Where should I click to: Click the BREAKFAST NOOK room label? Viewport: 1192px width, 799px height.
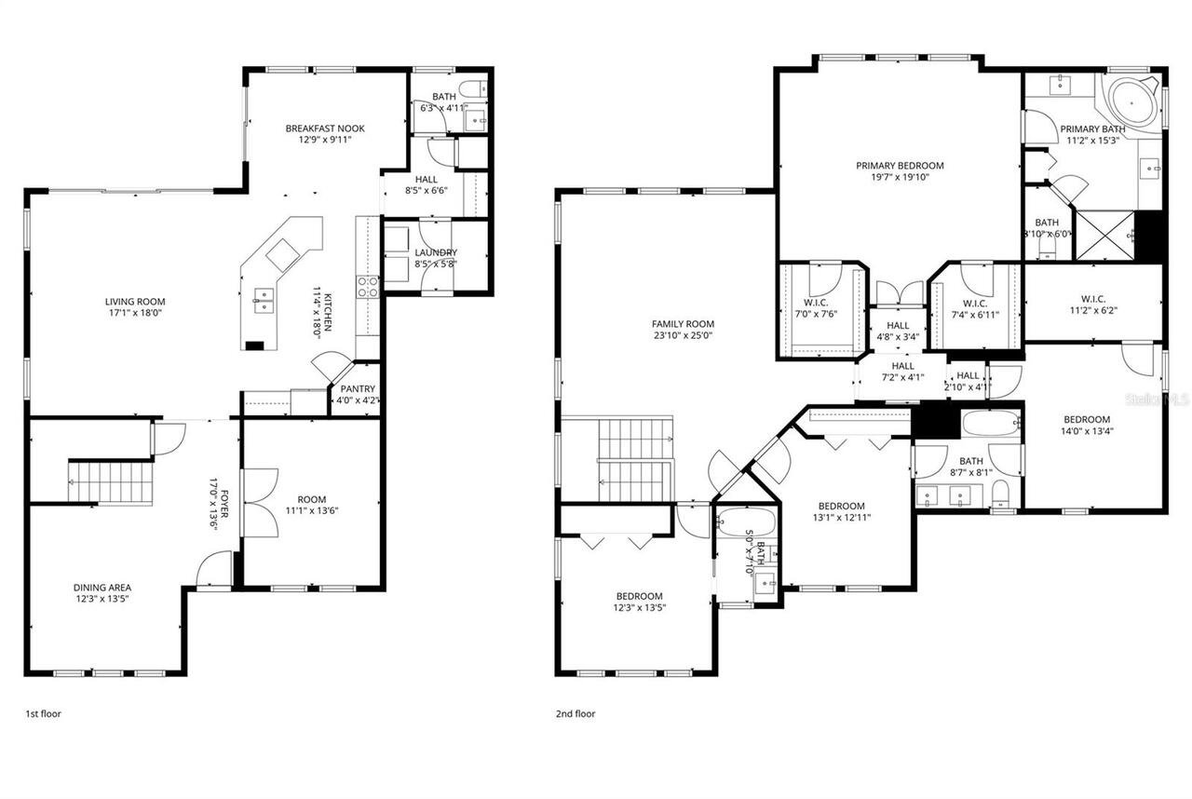(325, 129)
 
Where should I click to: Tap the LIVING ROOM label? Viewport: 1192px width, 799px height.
(134, 302)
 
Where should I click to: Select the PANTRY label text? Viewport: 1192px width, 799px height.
(357, 389)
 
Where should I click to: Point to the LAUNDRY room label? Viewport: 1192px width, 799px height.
(436, 252)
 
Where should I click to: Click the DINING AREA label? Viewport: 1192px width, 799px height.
(102, 588)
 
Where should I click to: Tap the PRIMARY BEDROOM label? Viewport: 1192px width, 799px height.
(900, 166)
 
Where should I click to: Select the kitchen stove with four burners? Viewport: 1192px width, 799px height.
(367, 287)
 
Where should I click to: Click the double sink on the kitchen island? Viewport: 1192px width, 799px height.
(264, 300)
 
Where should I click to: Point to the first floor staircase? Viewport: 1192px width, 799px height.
(112, 482)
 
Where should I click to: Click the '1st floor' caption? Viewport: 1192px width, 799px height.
(43, 714)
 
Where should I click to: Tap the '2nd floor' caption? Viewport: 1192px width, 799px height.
(576, 714)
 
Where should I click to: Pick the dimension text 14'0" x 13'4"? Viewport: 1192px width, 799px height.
(1087, 431)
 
